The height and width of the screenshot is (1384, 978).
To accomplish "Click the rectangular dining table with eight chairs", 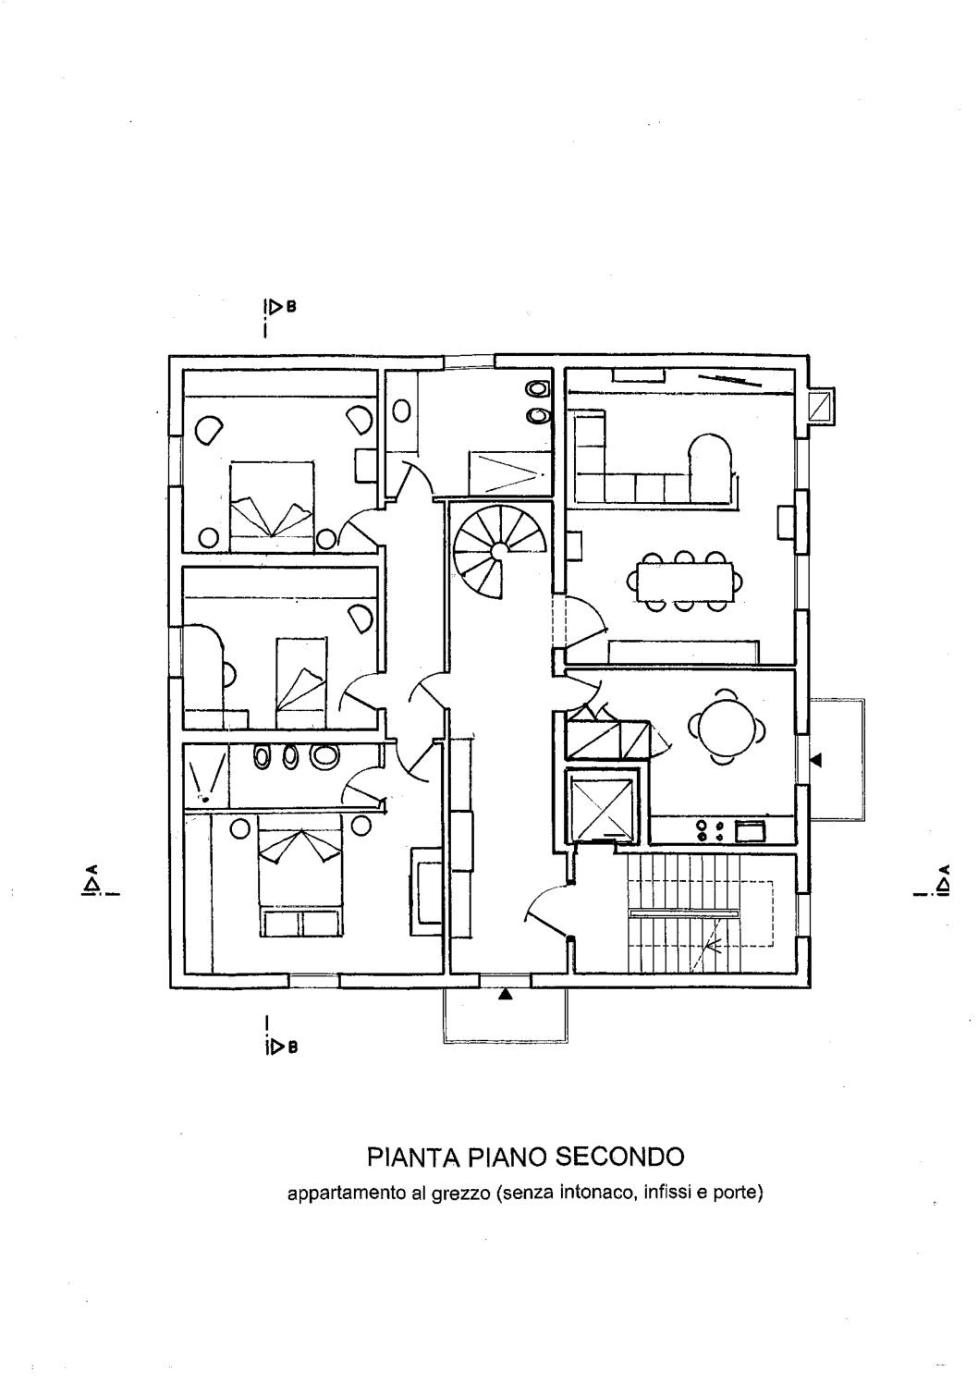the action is point(684,581).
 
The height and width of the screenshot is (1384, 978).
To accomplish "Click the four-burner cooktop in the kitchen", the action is point(711,830).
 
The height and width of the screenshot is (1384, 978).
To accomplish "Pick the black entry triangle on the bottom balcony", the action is point(506,995).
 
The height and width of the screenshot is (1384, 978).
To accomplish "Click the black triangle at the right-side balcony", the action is point(816,760).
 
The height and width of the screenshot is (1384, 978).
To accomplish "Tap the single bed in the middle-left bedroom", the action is point(300,682).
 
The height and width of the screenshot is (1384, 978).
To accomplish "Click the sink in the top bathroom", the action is point(401,410).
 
